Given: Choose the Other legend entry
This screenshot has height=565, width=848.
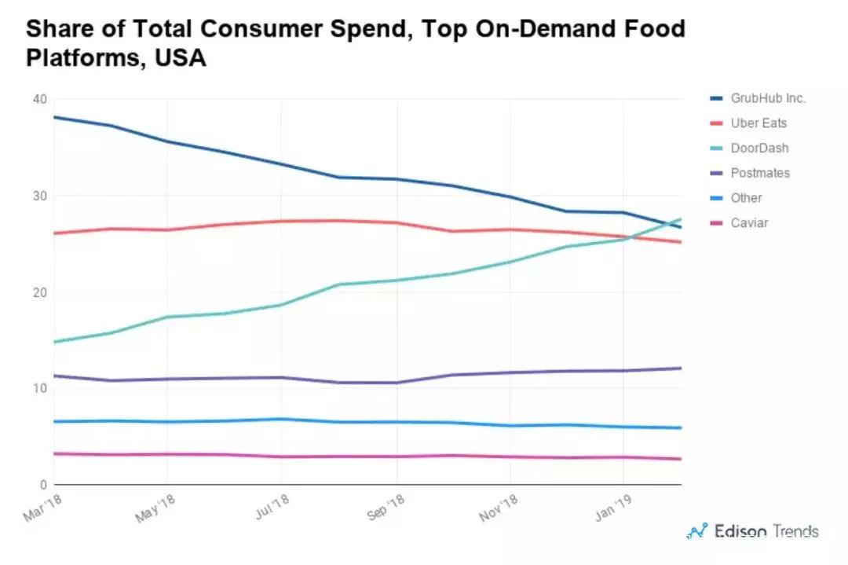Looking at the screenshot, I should click(x=746, y=198).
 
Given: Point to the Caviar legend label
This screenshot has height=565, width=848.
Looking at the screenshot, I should click(x=749, y=223).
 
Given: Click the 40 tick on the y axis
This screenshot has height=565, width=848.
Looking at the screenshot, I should click(x=39, y=99).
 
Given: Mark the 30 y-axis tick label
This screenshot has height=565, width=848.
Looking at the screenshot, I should click(x=39, y=196).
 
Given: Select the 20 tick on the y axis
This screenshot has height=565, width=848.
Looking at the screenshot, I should click(x=39, y=292).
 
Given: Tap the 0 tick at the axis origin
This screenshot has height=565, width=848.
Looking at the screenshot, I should click(x=44, y=485).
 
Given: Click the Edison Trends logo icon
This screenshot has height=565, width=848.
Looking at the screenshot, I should click(x=696, y=532).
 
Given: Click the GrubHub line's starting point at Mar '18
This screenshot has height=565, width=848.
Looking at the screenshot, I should click(x=53, y=117).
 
